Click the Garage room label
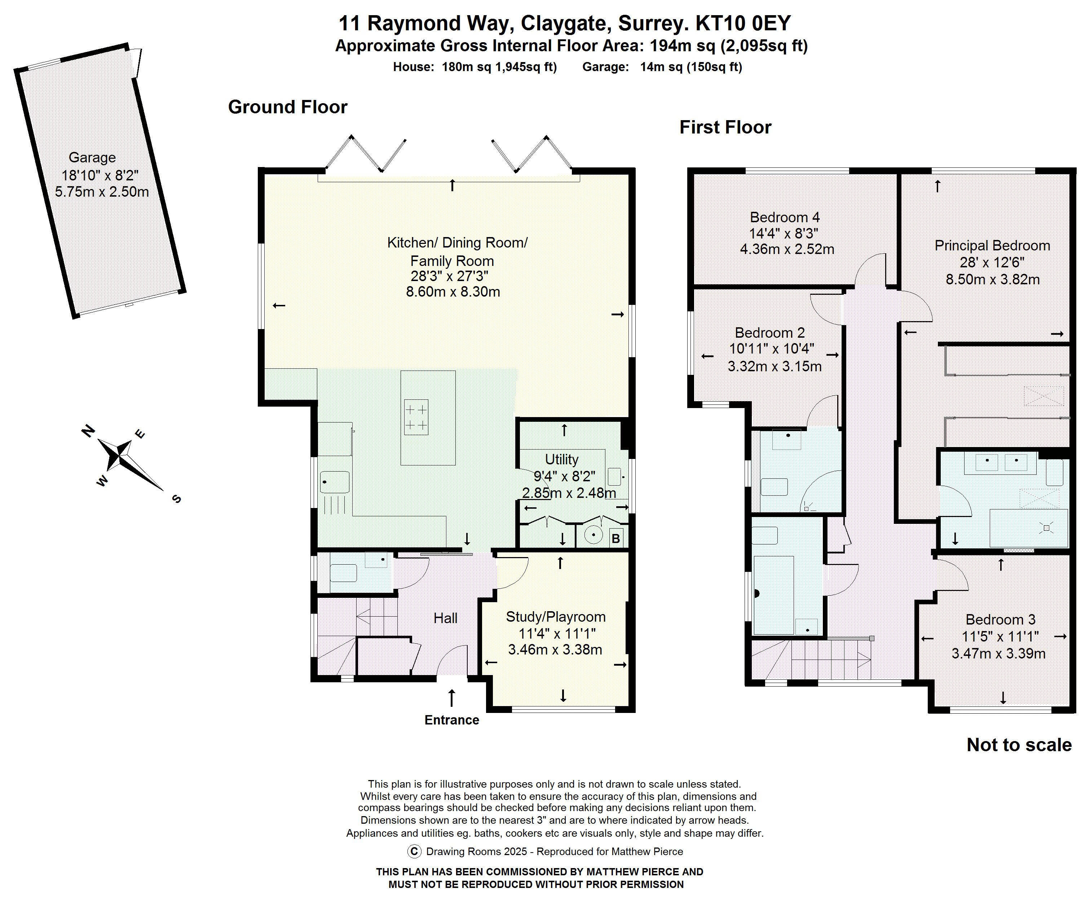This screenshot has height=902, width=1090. (x=92, y=157)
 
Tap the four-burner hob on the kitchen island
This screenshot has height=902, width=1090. (x=416, y=417)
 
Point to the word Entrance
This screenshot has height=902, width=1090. (x=451, y=720)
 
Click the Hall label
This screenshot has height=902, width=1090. (x=445, y=618)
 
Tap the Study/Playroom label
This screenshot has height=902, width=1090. (x=555, y=617)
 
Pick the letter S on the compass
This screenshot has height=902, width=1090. (x=176, y=499)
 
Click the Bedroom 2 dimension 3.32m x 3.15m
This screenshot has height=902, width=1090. (x=775, y=367)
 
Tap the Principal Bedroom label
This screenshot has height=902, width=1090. (x=992, y=246)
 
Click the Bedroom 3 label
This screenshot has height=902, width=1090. (x=1000, y=619)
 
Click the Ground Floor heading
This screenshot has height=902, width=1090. (x=287, y=107)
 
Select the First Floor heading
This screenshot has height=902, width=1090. (x=725, y=127)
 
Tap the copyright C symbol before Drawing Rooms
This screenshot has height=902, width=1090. (x=414, y=851)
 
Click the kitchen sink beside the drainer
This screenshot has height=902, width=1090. (x=334, y=482)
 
